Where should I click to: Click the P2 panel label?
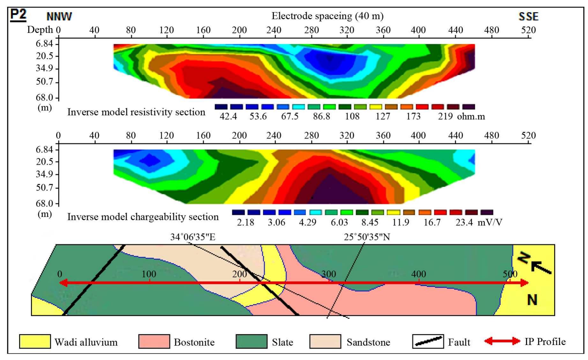[x=18, y=15]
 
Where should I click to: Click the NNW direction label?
[x=59, y=16]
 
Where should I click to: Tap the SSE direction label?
[x=528, y=16]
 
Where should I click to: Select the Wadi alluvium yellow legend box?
[x=35, y=341]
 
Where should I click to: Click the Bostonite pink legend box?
[x=154, y=341]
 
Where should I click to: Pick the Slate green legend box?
[x=251, y=341]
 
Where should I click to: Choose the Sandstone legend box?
[x=325, y=341]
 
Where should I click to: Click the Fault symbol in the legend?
[x=428, y=341]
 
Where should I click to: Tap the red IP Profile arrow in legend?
[x=502, y=341]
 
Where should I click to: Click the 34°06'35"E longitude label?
[x=193, y=237]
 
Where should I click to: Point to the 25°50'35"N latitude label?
[x=367, y=237]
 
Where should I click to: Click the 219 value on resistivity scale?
[x=445, y=116]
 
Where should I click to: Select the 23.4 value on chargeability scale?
[x=464, y=222]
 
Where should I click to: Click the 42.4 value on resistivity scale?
[x=228, y=116]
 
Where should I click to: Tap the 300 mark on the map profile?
[x=329, y=274]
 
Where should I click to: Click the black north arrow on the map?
[x=541, y=267]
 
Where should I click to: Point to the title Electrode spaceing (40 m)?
[x=327, y=16]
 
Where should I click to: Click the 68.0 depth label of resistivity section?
[x=44, y=97]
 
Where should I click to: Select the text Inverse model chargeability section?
[x=143, y=217]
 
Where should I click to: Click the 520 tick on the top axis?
[x=528, y=30]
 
